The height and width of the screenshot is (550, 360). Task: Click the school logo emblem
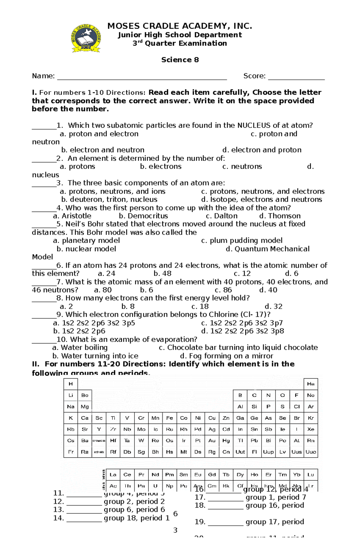pyautogui.click(x=86, y=38)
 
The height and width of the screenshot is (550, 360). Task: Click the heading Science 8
pyautogui.click(x=180, y=60)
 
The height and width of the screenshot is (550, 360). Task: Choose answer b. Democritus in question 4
pyautogui.click(x=143, y=216)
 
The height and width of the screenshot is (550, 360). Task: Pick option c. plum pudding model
pyautogui.click(x=242, y=241)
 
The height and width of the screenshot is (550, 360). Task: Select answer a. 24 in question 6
pyautogui.click(x=107, y=274)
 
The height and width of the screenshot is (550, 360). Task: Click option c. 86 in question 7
pyautogui.click(x=223, y=290)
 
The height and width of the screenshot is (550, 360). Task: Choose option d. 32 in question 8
pyautogui.click(x=274, y=307)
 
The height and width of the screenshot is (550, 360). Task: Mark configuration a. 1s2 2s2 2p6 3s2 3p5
pyautogui.click(x=94, y=323)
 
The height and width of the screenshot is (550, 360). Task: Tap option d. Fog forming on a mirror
pyautogui.click(x=227, y=356)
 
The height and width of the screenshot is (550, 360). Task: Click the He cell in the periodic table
pyautogui.click(x=310, y=384)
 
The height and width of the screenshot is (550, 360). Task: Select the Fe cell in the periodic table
pyautogui.click(x=169, y=418)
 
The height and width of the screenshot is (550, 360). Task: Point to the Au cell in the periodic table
pyautogui.click(x=212, y=441)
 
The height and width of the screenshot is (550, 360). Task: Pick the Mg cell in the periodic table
pyautogui.click(x=85, y=407)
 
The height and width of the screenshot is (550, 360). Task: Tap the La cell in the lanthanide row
pyautogui.click(x=113, y=475)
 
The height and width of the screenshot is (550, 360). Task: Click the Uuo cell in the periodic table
pyautogui.click(x=310, y=452)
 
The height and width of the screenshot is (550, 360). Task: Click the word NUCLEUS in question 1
pyautogui.click(x=250, y=126)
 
